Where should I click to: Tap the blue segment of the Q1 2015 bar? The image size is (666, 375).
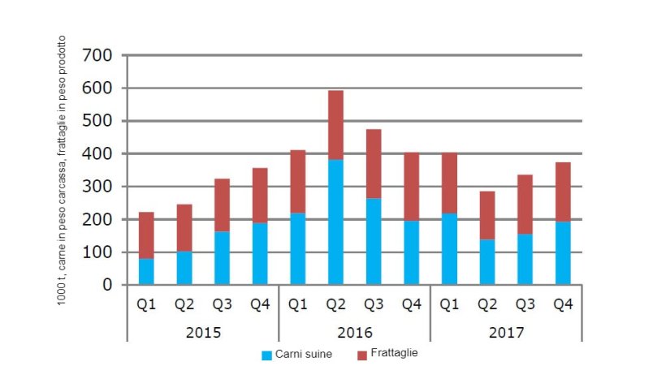click(146, 271)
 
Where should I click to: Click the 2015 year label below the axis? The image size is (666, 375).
click(202, 332)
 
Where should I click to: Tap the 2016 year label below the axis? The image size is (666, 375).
click(354, 332)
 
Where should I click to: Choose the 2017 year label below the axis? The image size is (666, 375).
click(507, 332)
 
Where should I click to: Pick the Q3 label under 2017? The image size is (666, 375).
click(524, 305)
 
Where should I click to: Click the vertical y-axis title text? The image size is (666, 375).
click(62, 170)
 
